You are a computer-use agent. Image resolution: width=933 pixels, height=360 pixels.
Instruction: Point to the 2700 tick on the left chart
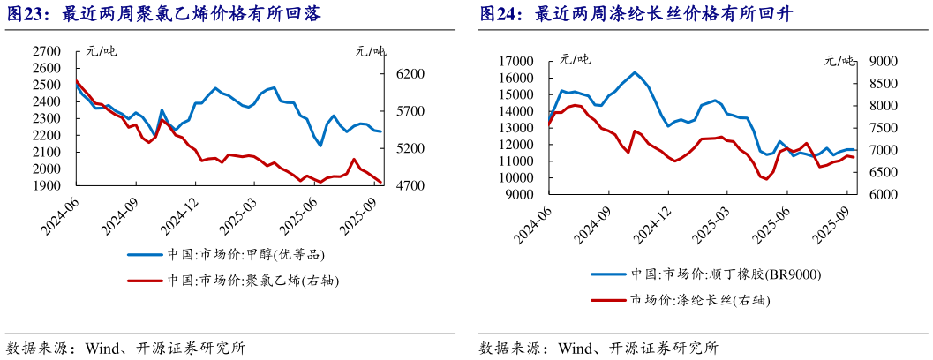(x=46, y=52)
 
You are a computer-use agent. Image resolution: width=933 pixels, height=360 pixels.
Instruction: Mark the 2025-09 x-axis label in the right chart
(x=833, y=221)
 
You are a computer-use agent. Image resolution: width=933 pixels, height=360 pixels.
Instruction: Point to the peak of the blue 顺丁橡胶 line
(x=635, y=72)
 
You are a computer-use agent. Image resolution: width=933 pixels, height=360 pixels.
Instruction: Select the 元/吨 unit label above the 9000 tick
(x=839, y=60)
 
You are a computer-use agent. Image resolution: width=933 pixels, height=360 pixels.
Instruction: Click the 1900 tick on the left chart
(x=46, y=186)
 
